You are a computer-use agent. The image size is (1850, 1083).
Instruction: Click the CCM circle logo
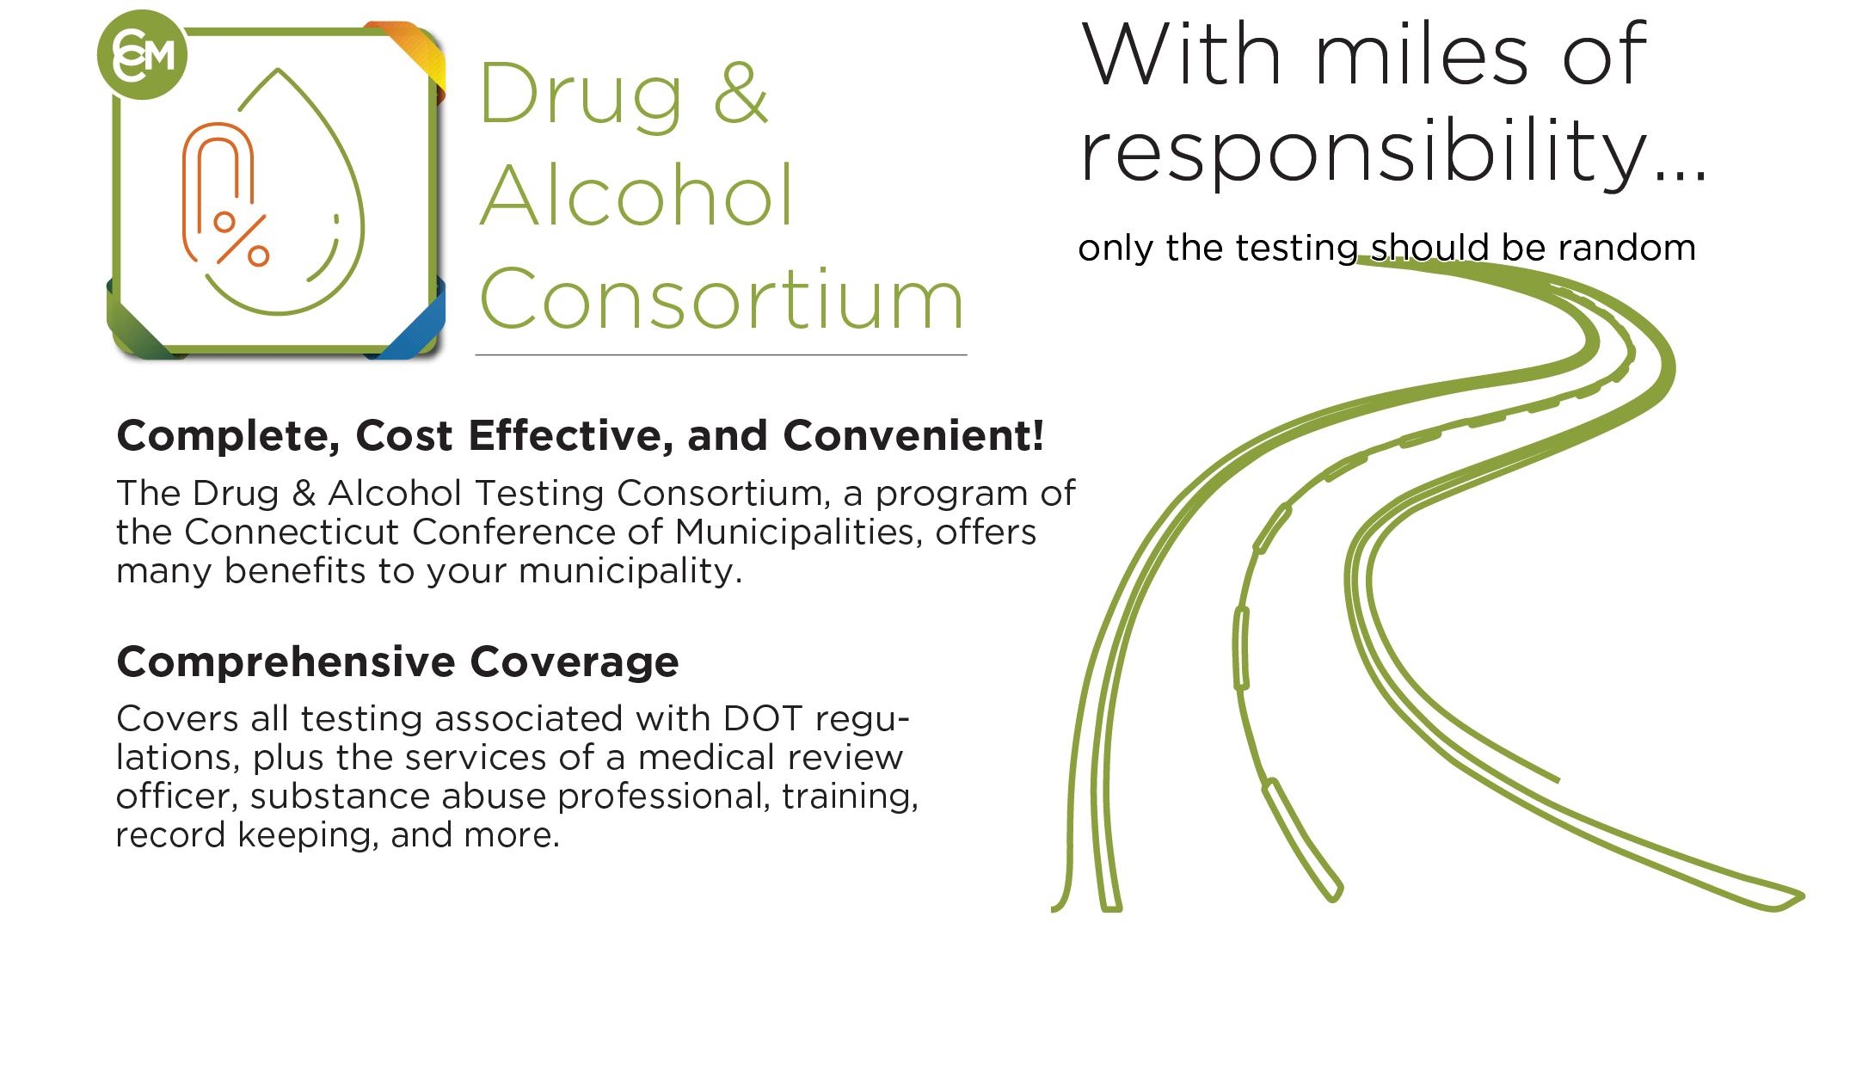click(x=142, y=55)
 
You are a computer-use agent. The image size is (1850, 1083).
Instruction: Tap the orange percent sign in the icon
click(x=242, y=238)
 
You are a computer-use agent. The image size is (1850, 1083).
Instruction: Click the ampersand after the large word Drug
click(x=740, y=93)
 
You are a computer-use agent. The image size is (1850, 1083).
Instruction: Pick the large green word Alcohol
click(x=636, y=195)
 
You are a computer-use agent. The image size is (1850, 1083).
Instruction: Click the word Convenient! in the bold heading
click(x=913, y=435)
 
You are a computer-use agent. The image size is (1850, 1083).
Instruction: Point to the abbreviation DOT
click(x=764, y=718)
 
